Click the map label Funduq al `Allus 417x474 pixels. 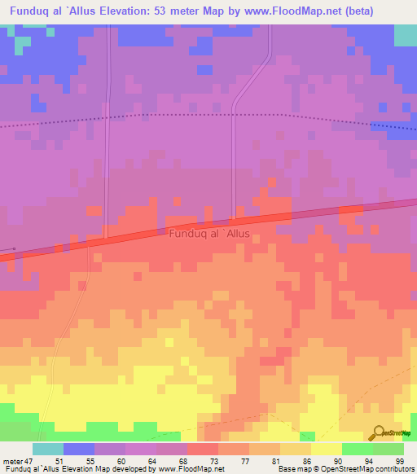pos(209,234)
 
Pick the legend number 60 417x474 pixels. pos(122,461)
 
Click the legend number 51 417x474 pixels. pos(59,461)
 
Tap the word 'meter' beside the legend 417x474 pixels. pos(12,461)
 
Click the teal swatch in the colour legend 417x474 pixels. pos(48,449)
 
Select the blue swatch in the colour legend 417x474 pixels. pos(79,449)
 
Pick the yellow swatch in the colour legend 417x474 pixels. pos(327,449)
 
